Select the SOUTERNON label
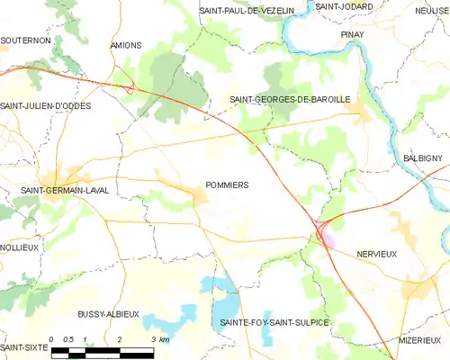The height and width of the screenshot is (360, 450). click(24, 40)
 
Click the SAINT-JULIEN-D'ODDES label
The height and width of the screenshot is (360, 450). click(46, 105)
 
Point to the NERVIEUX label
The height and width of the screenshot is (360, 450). click(376, 255)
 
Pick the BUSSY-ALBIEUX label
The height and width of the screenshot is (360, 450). click(108, 313)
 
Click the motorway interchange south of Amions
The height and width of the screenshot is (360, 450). click(131, 88)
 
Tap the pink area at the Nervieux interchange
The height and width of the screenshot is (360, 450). click(328, 240)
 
